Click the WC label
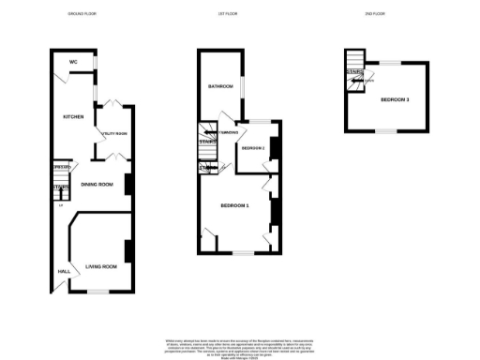[72, 63]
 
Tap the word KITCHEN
[73, 117]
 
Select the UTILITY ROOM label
[113, 133]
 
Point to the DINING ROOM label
[97, 185]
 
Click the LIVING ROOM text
[100, 267]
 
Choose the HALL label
[64, 272]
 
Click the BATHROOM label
[220, 86]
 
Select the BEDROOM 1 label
[234, 205]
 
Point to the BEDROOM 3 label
[394, 99]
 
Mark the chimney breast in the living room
[127, 251]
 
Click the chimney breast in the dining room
[127, 184]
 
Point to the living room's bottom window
[97, 292]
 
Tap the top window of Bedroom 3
[385, 61]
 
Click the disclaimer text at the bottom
[239, 345]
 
